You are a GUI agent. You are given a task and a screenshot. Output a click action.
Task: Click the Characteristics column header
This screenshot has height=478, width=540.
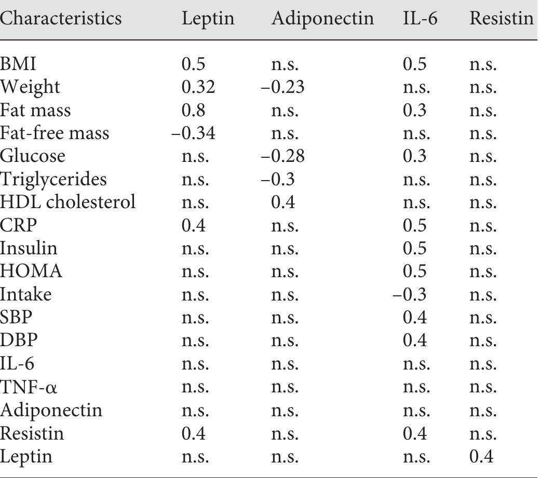[x=61, y=19]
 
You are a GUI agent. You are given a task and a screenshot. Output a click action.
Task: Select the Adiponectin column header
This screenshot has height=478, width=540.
[x=322, y=19]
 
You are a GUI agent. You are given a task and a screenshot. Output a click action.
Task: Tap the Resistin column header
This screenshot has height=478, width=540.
[x=502, y=19]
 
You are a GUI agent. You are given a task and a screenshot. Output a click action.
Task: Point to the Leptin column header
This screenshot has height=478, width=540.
[x=208, y=19]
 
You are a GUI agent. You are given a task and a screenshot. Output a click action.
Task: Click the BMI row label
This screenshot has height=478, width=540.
[x=18, y=64]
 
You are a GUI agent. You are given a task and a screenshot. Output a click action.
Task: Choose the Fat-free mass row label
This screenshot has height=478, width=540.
[x=55, y=133]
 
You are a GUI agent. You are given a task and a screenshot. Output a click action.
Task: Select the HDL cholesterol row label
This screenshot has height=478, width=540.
[x=67, y=202]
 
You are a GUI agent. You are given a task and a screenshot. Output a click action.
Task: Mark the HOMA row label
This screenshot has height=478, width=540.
[x=31, y=271]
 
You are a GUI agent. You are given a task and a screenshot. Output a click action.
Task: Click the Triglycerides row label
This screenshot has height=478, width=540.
[x=53, y=180]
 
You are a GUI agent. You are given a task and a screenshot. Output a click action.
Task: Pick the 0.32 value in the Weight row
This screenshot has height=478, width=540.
[x=198, y=87]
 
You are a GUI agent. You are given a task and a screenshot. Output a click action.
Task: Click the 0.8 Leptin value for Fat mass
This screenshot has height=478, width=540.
[x=193, y=110]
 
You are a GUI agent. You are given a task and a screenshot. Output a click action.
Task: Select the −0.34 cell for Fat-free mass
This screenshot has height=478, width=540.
[x=194, y=133]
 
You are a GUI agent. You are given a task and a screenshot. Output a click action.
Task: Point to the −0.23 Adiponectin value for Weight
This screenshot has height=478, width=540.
[x=282, y=87]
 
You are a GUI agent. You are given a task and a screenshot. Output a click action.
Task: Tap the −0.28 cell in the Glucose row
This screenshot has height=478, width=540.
[x=282, y=156]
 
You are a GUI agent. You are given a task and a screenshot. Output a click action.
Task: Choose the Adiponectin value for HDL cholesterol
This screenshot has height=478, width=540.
[x=283, y=202]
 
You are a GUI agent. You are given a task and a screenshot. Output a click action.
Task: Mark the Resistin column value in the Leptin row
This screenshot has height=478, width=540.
[x=482, y=457]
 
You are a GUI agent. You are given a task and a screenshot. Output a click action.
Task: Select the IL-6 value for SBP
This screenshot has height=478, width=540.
[x=415, y=318]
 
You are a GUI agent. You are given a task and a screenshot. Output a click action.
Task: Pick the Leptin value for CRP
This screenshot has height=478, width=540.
[x=193, y=226]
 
